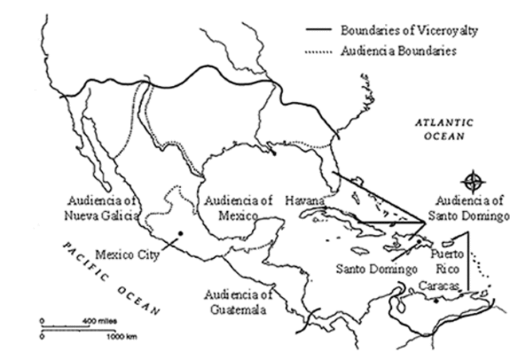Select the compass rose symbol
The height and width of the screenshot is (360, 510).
click(x=473, y=180)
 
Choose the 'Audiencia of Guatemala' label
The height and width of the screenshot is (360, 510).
click(x=238, y=301)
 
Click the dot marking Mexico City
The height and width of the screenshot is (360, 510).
click(x=181, y=233)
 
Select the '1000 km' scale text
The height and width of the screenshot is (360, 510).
click(x=123, y=337)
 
